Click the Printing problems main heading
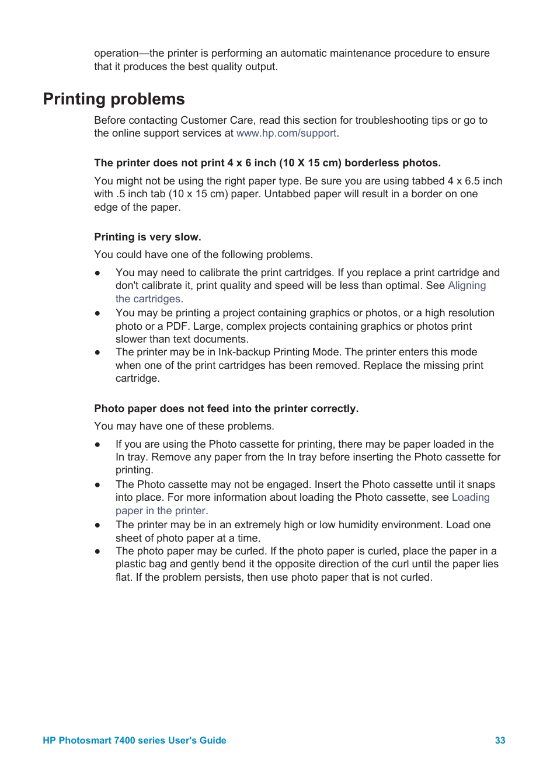pyautogui.click(x=114, y=99)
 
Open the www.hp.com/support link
pyautogui.click(x=286, y=133)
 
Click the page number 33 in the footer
pyautogui.click(x=500, y=740)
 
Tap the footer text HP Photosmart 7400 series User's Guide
pyautogui.click(x=134, y=740)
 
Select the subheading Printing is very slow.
pyautogui.click(x=147, y=237)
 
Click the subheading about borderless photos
pyautogui.click(x=267, y=163)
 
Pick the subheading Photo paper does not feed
pyautogui.click(x=226, y=409)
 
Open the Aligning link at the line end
pyautogui.click(x=467, y=285)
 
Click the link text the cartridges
pyautogui.click(x=148, y=299)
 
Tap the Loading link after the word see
pyautogui.click(x=470, y=497)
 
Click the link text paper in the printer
pyautogui.click(x=160, y=511)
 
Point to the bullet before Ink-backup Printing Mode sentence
pyautogui.click(x=98, y=353)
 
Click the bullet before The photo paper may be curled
pyautogui.click(x=98, y=551)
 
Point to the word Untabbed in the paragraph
pyautogui.click(x=286, y=194)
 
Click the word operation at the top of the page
pyautogui.click(x=116, y=53)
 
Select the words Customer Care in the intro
pyautogui.click(x=217, y=120)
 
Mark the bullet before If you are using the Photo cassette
pyautogui.click(x=98, y=444)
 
